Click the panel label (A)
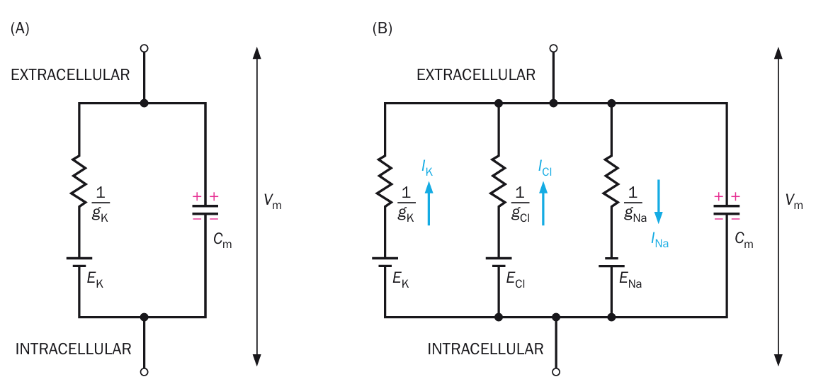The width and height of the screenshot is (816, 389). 21,28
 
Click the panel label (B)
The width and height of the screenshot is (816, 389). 382,28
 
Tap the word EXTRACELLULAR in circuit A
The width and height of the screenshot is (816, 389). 71,74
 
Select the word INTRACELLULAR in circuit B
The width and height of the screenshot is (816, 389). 486,349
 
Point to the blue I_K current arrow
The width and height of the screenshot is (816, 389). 429,203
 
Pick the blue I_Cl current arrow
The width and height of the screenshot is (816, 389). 543,203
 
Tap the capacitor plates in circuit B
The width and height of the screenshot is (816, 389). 727,209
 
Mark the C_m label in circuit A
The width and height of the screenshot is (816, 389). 222,241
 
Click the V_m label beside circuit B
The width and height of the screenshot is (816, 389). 794,201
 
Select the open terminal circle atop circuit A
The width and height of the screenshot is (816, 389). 144,48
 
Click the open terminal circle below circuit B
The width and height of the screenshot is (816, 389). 556,371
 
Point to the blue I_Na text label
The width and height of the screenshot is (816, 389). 659,241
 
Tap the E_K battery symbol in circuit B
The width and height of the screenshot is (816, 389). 385,262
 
